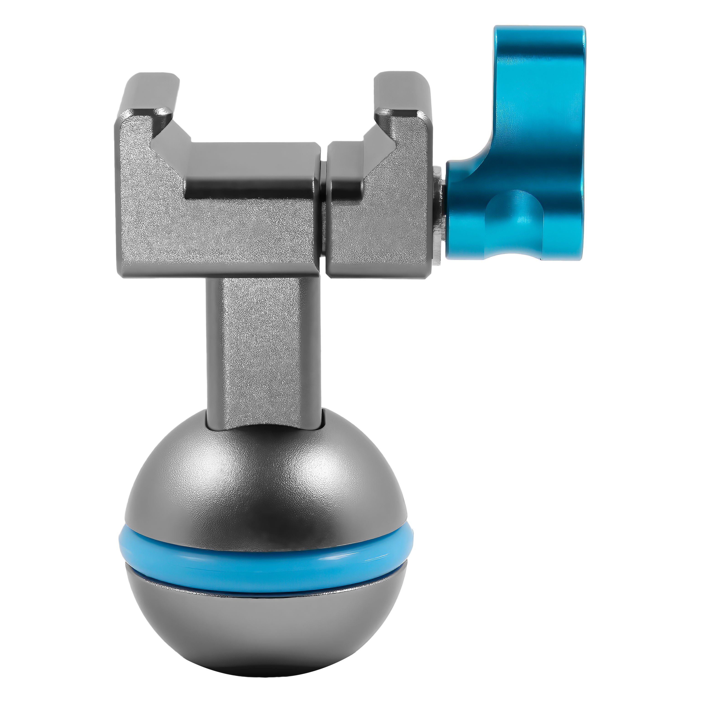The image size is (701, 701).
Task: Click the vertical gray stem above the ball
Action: pos(263,345)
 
